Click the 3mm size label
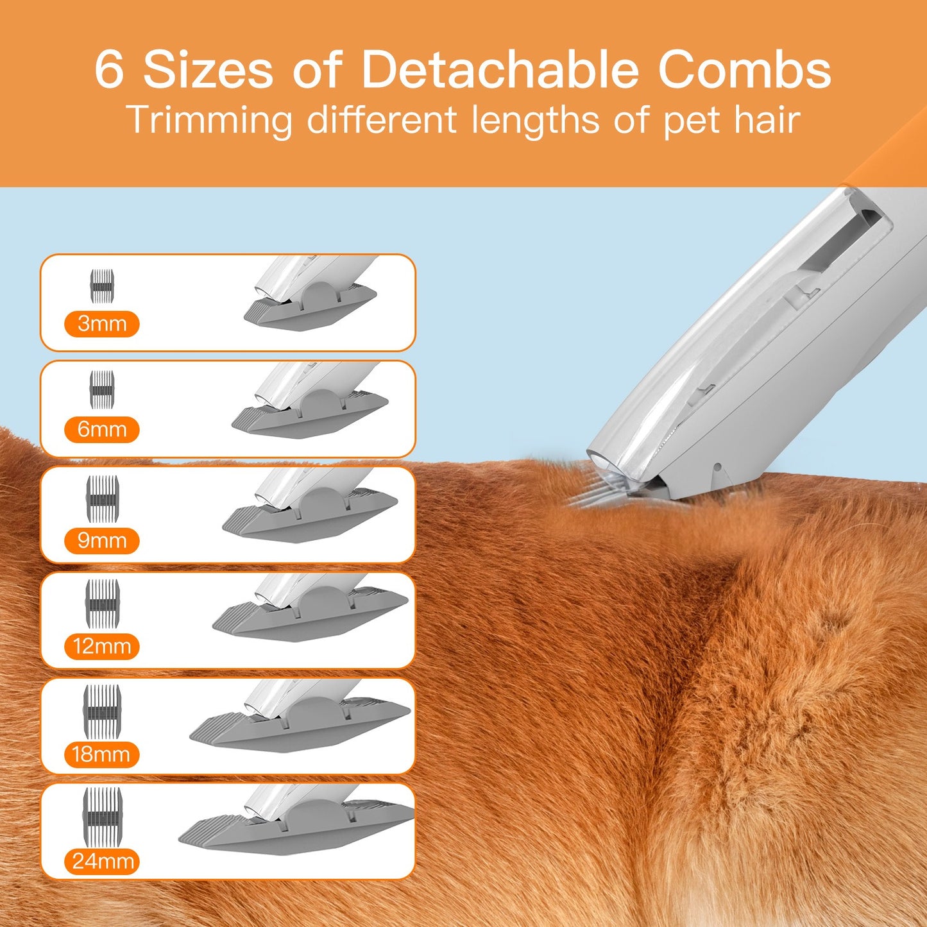(102, 324)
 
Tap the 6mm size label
(102, 429)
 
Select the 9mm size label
(102, 541)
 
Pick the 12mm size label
(102, 647)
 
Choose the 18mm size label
(101, 754)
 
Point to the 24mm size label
(102, 861)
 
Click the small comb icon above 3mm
(102, 286)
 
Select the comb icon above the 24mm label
(102, 817)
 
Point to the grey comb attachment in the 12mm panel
(309, 616)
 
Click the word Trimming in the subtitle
(209, 121)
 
